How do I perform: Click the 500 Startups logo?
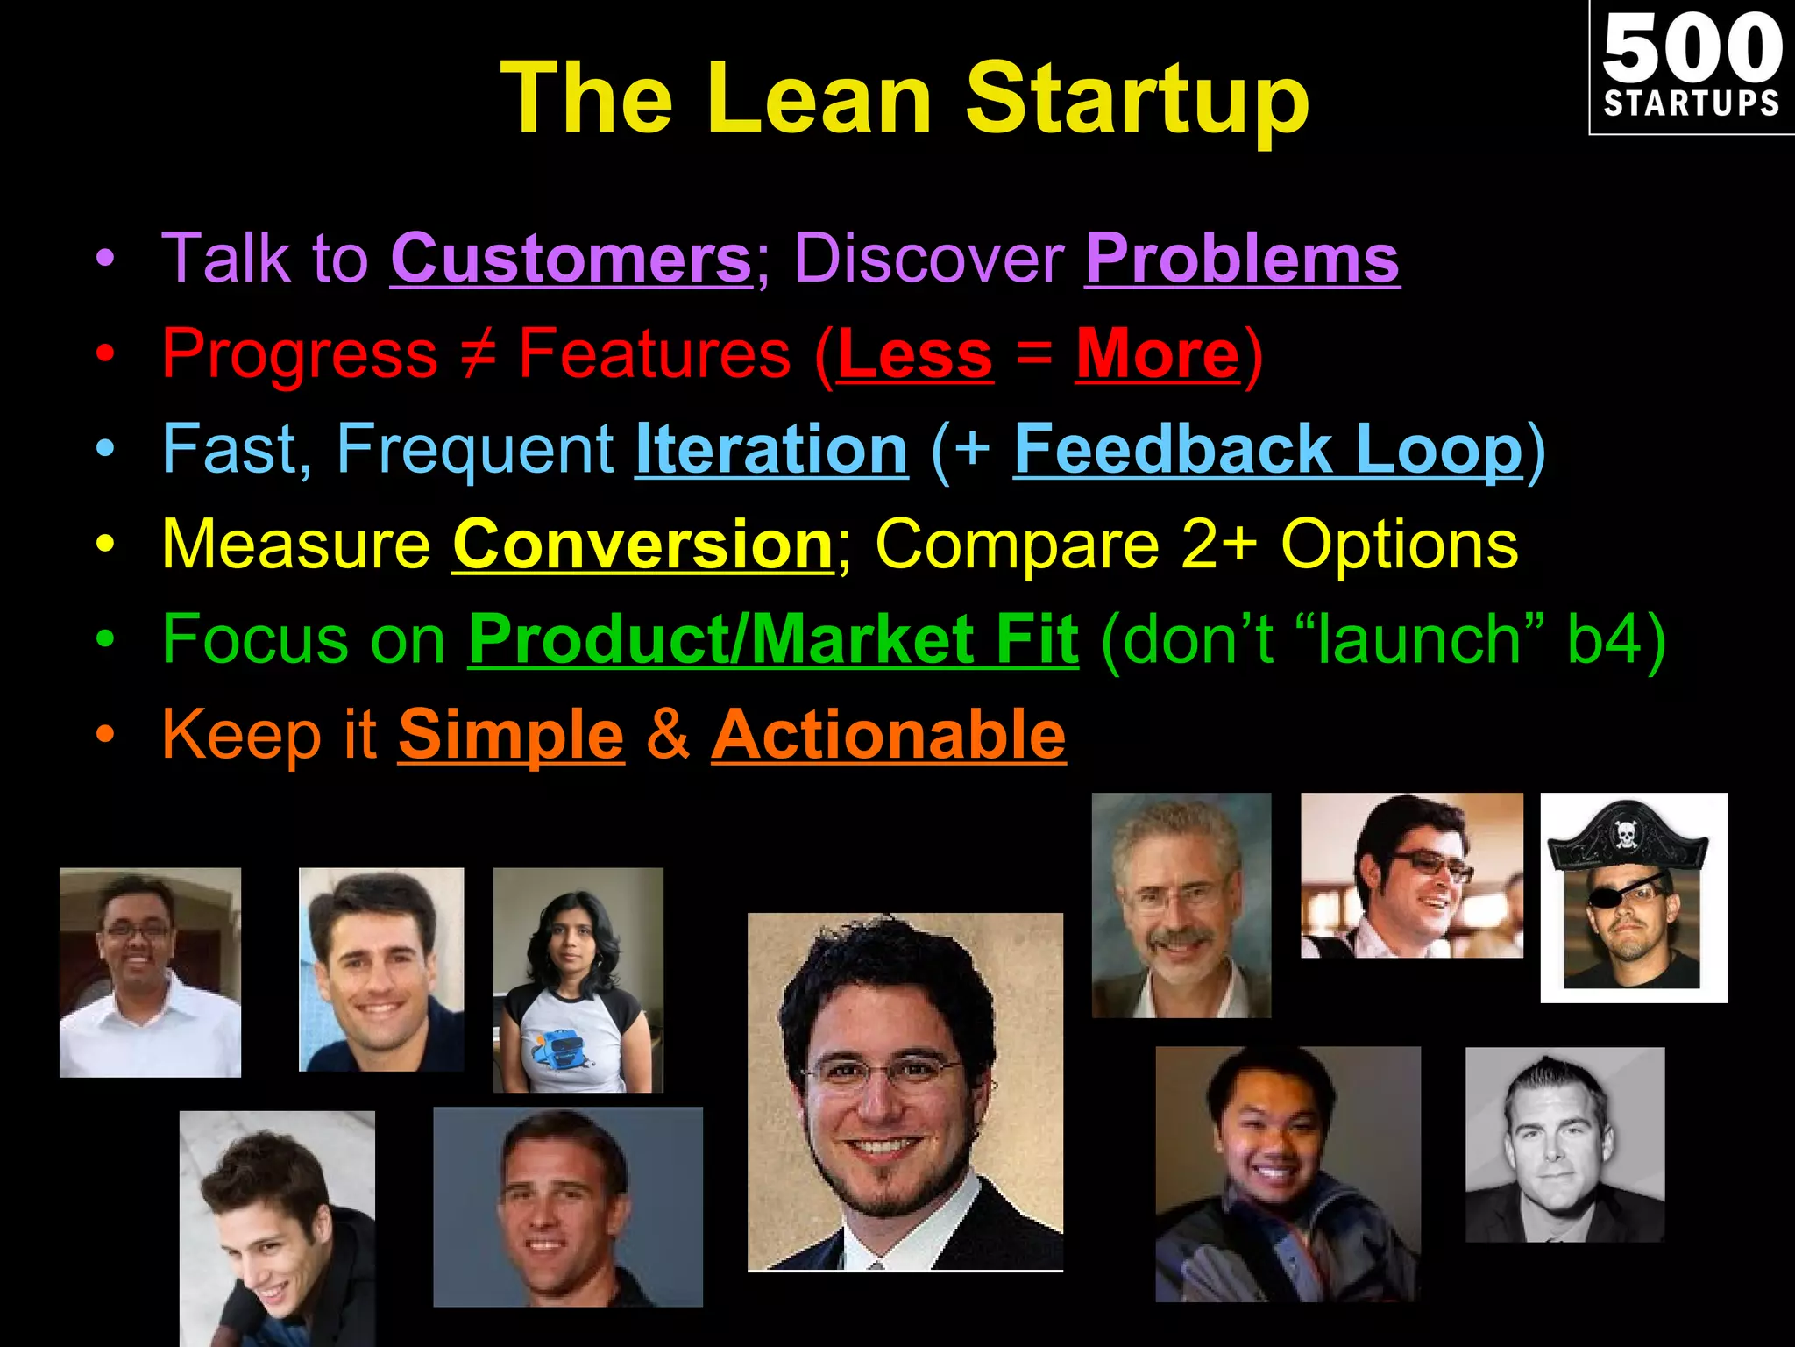pyautogui.click(x=1691, y=67)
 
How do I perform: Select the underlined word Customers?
pyautogui.click(x=571, y=259)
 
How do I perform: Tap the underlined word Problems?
pyautogui.click(x=1242, y=259)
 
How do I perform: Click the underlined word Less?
pyautogui.click(x=915, y=354)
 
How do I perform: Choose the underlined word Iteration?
pyautogui.click(x=771, y=449)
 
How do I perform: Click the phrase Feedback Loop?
pyautogui.click(x=1268, y=449)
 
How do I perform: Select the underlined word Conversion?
pyautogui.click(x=642, y=545)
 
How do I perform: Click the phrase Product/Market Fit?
pyautogui.click(x=773, y=639)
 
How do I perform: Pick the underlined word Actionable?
pyautogui.click(x=888, y=735)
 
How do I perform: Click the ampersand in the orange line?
pyautogui.click(x=668, y=735)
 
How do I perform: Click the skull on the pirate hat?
pyautogui.click(x=1624, y=834)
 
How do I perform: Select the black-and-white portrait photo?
pyautogui.click(x=1564, y=1144)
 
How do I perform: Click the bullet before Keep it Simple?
pyautogui.click(x=105, y=735)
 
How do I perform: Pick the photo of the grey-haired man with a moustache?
pyautogui.click(x=1181, y=905)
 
